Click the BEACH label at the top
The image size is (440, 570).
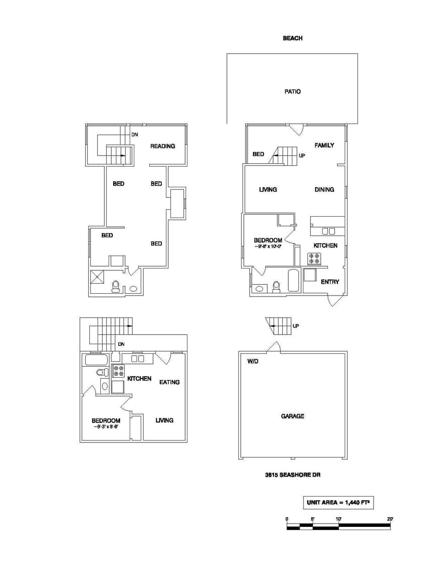pyautogui.click(x=292, y=38)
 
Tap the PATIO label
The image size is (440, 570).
pyautogui.click(x=292, y=92)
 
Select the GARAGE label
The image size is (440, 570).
pyautogui.click(x=292, y=416)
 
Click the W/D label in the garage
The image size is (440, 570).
pyautogui.click(x=253, y=362)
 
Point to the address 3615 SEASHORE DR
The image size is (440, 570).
pyautogui.click(x=292, y=475)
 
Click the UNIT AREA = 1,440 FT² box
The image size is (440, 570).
pyautogui.click(x=338, y=503)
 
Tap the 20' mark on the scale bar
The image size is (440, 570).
pyautogui.click(x=390, y=519)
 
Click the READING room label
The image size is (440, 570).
pyautogui.click(x=163, y=146)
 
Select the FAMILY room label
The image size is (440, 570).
pyautogui.click(x=324, y=145)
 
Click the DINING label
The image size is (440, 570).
pyautogui.click(x=324, y=190)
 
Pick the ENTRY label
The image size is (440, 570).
pyautogui.click(x=330, y=282)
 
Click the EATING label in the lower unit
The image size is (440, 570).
pyautogui.click(x=169, y=382)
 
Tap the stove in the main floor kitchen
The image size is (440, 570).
pyautogui.click(x=314, y=259)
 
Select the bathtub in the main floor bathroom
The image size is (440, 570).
pyautogui.click(x=293, y=280)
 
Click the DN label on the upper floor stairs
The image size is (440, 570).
pyautogui.click(x=134, y=135)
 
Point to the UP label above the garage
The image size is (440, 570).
pyautogui.click(x=296, y=326)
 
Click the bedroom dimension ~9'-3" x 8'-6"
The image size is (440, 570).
pyautogui.click(x=106, y=427)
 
